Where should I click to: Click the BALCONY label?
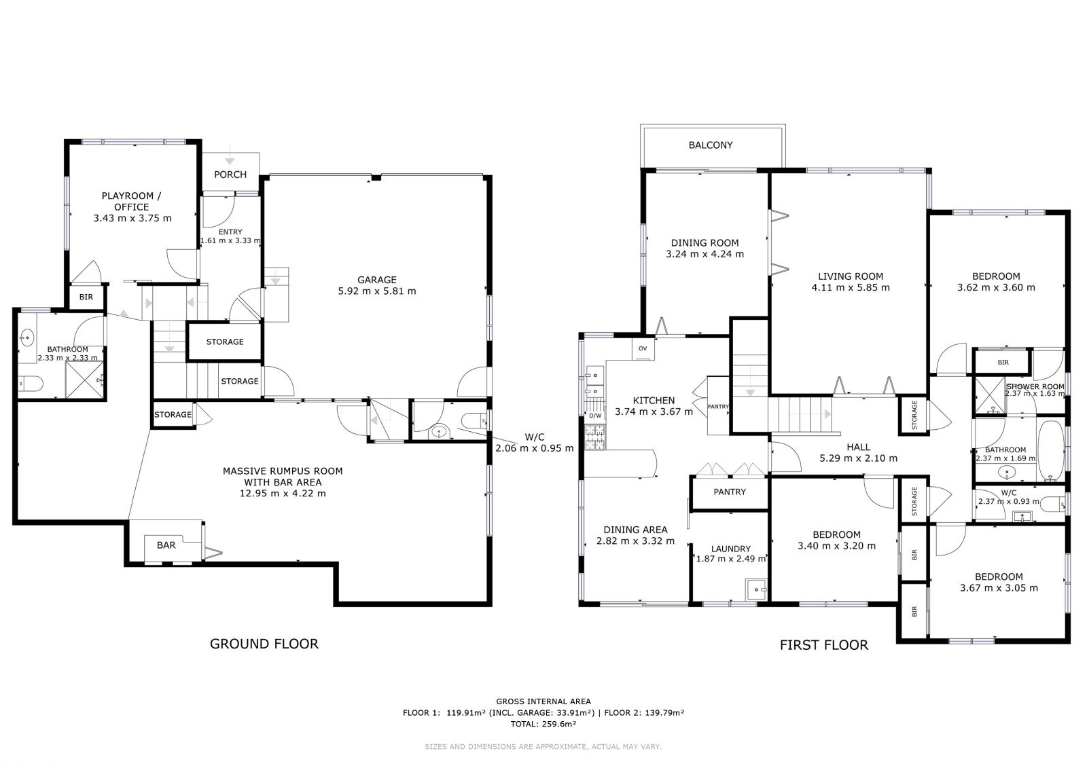(x=711, y=145)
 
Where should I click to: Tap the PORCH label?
(x=230, y=175)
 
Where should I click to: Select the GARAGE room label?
(x=376, y=280)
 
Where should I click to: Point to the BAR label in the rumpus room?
(x=166, y=545)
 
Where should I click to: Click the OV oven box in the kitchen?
(x=643, y=349)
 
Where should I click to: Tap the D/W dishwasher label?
(x=595, y=416)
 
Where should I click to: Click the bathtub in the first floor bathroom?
(x=1050, y=450)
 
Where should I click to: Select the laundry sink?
(x=756, y=589)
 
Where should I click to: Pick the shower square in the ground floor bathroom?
(x=85, y=380)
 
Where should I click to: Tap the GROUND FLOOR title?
(x=264, y=644)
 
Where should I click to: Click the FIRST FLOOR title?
(x=824, y=645)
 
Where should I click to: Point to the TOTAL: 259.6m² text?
(x=543, y=725)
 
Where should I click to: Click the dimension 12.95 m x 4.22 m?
(x=283, y=494)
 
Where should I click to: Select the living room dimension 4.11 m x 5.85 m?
(x=851, y=287)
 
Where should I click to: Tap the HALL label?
(x=859, y=447)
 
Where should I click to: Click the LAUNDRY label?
(x=731, y=549)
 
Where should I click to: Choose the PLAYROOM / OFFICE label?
(x=132, y=202)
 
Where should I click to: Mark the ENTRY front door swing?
(x=218, y=212)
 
